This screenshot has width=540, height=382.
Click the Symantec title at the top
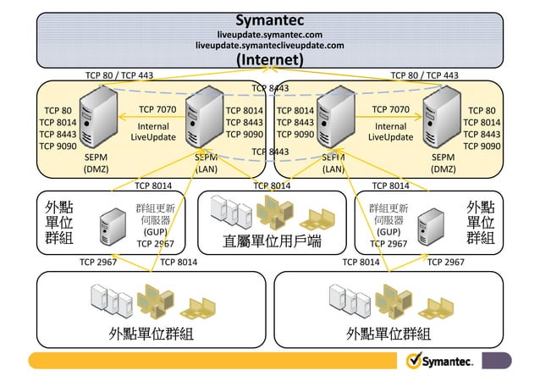[269, 19]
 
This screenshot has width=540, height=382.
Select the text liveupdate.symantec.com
[269, 34]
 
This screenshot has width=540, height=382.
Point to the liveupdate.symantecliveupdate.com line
[269, 46]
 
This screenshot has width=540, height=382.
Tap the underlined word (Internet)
[269, 60]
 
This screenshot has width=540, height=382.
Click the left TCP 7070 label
[157, 109]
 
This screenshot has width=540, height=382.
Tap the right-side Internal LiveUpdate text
[390, 131]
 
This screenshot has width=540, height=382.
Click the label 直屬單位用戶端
[271, 241]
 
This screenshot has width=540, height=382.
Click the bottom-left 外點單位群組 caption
[151, 333]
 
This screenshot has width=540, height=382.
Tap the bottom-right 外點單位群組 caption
[388, 333]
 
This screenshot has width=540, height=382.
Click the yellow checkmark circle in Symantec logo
[414, 361]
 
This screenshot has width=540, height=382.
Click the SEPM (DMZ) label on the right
[443, 163]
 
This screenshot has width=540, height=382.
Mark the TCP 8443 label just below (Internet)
[270, 87]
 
